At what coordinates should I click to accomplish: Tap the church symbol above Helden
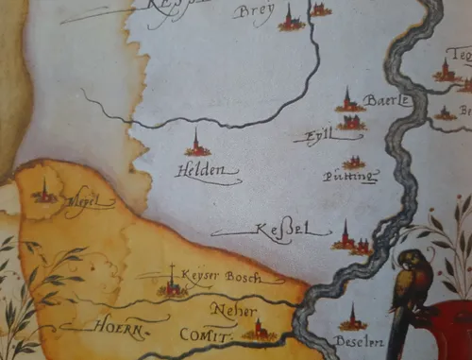197,145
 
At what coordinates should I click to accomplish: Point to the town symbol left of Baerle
349,103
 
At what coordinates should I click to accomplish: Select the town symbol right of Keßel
349,240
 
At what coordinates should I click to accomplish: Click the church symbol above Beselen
352,319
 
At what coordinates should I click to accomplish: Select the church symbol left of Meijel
44,193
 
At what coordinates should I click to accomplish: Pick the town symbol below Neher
257,329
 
